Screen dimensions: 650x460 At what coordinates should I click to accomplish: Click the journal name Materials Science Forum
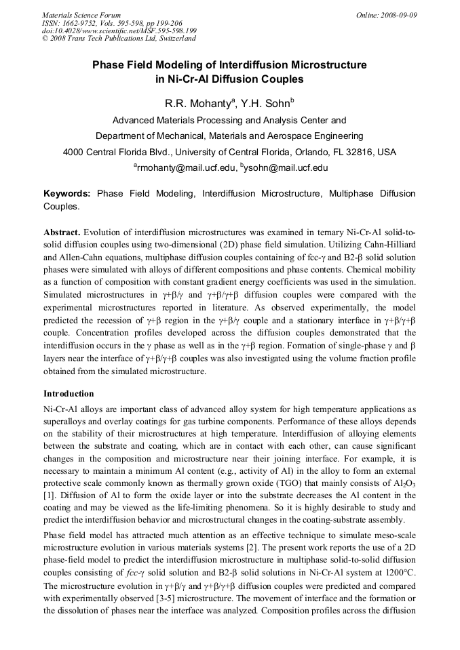click(x=81, y=14)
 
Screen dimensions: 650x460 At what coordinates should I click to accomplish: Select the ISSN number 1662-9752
click(x=85, y=22)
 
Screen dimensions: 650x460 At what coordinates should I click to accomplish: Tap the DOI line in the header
click(x=119, y=31)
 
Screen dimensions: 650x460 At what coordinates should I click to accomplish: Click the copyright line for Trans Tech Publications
click(x=119, y=39)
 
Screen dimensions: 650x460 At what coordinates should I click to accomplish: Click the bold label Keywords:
click(x=67, y=194)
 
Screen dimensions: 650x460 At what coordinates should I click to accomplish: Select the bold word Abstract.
click(x=62, y=232)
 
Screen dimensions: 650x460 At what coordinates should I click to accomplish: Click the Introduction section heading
click(x=69, y=394)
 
